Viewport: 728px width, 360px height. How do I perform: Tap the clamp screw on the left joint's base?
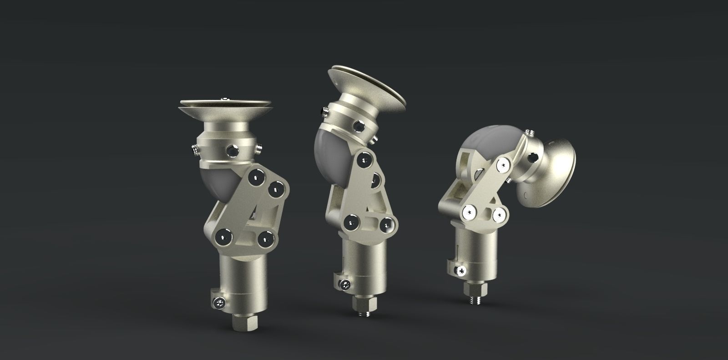pos(219,302)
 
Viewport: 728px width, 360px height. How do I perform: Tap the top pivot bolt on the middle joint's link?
pos(364,159)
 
